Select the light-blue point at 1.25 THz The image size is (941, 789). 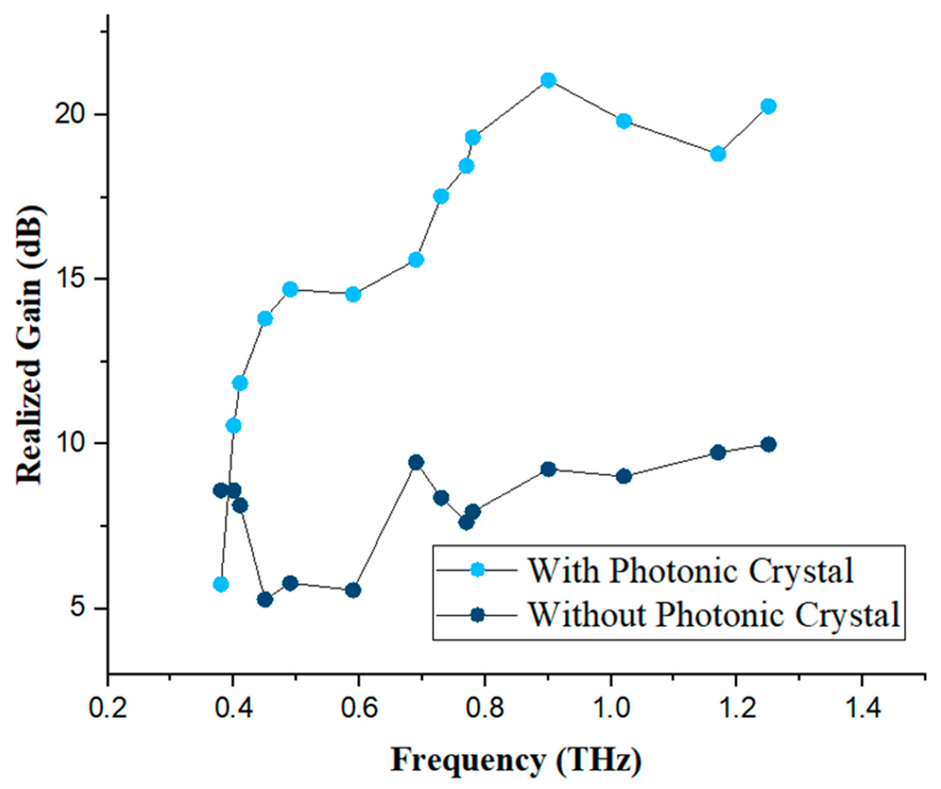pos(769,107)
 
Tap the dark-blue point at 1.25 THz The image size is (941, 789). pos(769,445)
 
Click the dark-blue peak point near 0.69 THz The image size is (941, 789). pos(416,462)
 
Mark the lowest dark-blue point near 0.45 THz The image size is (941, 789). pos(265,599)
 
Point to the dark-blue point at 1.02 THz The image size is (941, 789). pos(624,476)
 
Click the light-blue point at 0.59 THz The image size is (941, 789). pos(353,294)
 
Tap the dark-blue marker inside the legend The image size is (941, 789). pos(478,615)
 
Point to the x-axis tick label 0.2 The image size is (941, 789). pos(108,709)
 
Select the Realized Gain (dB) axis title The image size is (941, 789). pos(29,345)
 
